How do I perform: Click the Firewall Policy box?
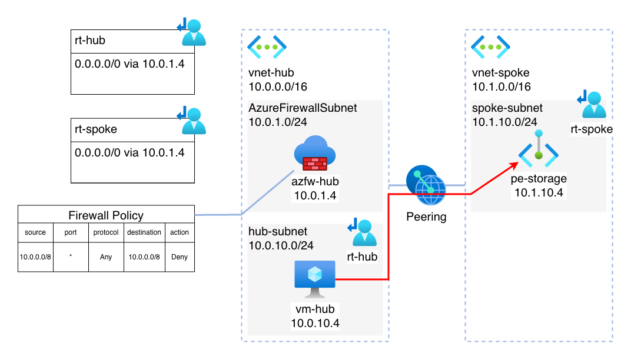(106, 215)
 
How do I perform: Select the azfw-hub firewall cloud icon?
(314, 152)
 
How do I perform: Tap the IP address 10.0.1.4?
(315, 195)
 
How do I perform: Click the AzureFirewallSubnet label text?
(303, 108)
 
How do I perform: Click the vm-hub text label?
(315, 309)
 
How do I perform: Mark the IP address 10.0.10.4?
(315, 323)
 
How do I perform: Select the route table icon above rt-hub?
(363, 232)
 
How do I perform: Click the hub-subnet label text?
(278, 232)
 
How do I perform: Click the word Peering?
(427, 216)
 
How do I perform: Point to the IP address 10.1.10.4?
(539, 192)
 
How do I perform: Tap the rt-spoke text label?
(592, 129)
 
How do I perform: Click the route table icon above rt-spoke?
(592, 104)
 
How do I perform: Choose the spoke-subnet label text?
(507, 109)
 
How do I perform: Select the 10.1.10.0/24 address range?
(505, 122)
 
